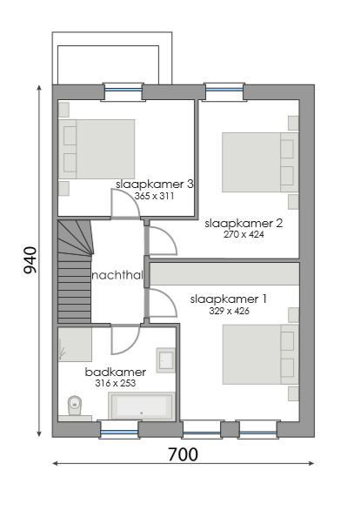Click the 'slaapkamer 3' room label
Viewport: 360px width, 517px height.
click(154, 185)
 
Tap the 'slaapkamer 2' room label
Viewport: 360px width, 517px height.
click(243, 223)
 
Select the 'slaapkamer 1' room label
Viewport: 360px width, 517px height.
click(229, 299)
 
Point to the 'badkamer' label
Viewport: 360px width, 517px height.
click(115, 372)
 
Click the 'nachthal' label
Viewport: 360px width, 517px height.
click(117, 275)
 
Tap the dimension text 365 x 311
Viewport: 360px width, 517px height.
click(155, 197)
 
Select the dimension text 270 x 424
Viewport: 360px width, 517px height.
click(243, 234)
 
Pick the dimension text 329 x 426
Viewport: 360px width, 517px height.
click(230, 310)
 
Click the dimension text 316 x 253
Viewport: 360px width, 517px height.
click(115, 383)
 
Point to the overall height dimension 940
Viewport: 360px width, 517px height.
click(30, 259)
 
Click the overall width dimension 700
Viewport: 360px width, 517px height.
click(183, 454)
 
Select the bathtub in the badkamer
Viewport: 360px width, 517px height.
click(141, 406)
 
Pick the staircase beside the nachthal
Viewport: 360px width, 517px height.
click(74, 270)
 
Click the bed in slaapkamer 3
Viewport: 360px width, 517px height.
click(97, 149)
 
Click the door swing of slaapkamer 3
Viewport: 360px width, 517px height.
click(125, 205)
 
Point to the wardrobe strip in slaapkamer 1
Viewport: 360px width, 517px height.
click(225, 274)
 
